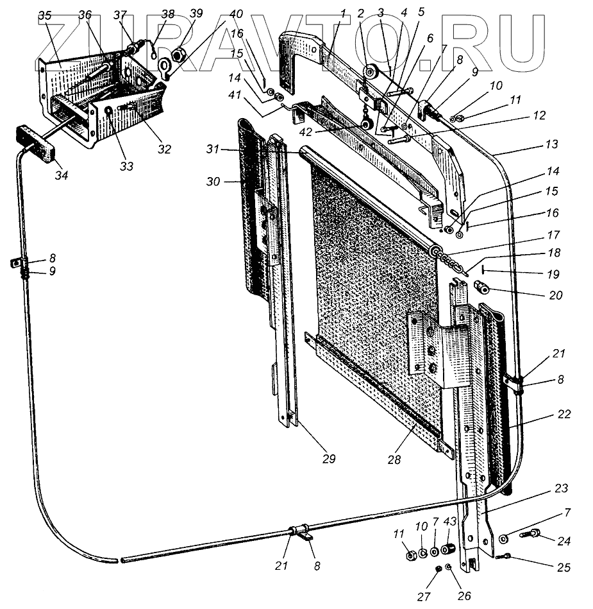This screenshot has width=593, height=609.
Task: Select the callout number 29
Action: click(x=329, y=459)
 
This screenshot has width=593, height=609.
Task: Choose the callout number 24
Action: click(x=564, y=540)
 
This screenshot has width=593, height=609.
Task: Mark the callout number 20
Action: click(x=555, y=295)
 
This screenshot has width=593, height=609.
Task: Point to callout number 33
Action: click(x=127, y=166)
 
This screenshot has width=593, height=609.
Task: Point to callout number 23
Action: click(x=562, y=489)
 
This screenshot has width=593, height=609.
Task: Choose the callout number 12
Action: click(x=539, y=116)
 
